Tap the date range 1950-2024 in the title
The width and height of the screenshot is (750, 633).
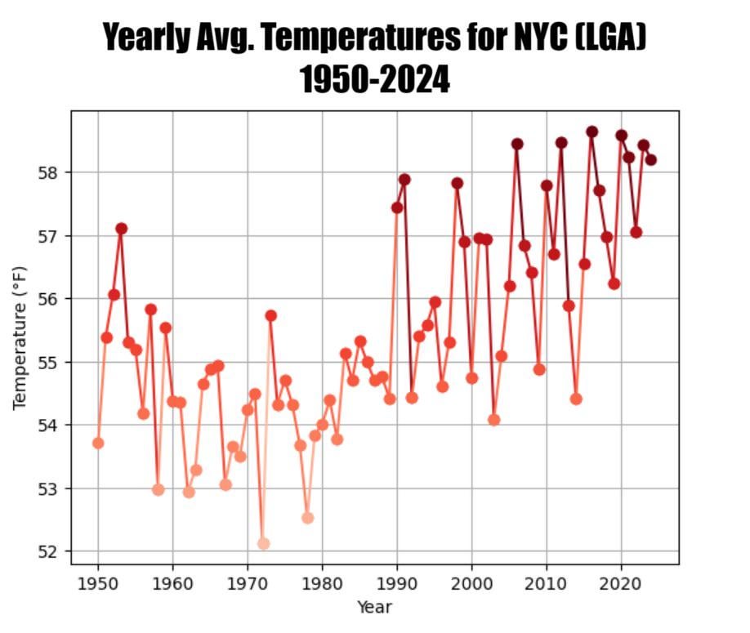click(374, 79)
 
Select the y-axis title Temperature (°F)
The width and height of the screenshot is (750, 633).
click(20, 337)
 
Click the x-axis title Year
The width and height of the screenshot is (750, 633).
click(374, 607)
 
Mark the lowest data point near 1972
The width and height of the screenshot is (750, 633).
click(263, 543)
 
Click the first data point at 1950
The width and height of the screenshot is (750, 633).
click(98, 443)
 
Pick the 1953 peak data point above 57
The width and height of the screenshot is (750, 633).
click(121, 229)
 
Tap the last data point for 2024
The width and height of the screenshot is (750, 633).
click(650, 160)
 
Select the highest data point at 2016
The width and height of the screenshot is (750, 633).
click(592, 132)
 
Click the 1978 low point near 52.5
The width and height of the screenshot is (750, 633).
click(307, 518)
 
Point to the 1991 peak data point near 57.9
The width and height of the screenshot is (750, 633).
click(404, 180)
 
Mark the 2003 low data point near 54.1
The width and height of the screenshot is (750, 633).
click(493, 420)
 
